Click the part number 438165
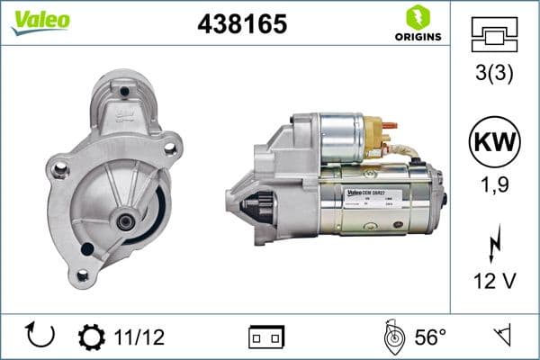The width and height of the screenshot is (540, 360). [x=241, y=24]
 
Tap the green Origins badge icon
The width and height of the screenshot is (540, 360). [x=417, y=17]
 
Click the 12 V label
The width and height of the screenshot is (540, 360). [x=494, y=282]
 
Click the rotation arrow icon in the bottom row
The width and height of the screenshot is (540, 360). [x=41, y=336]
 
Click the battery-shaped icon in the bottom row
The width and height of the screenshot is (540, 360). [x=266, y=337]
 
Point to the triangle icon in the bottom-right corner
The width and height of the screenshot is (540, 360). [x=502, y=337]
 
